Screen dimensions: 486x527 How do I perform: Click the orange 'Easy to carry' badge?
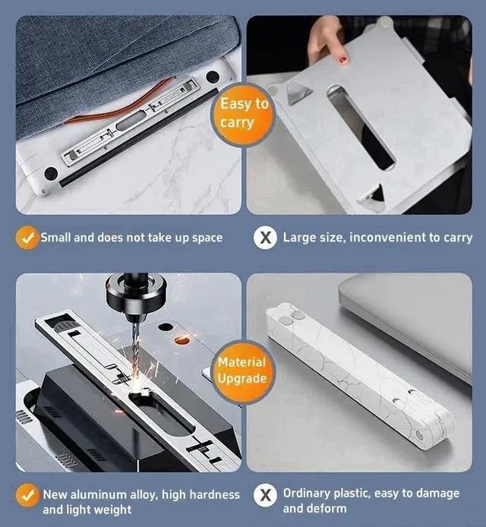(x=243, y=114)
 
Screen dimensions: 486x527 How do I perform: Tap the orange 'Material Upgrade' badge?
(x=243, y=371)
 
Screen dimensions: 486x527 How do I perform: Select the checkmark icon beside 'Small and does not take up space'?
(x=27, y=237)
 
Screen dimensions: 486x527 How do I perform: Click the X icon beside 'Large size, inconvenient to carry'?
(x=265, y=238)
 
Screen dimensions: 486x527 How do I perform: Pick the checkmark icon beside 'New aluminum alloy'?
(x=27, y=495)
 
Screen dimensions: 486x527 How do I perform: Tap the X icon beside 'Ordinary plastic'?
(x=265, y=495)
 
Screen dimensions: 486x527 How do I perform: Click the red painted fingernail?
(x=342, y=60)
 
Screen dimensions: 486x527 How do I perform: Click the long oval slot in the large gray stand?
(x=360, y=127)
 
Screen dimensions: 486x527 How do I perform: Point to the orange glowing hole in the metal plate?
(x=181, y=340)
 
